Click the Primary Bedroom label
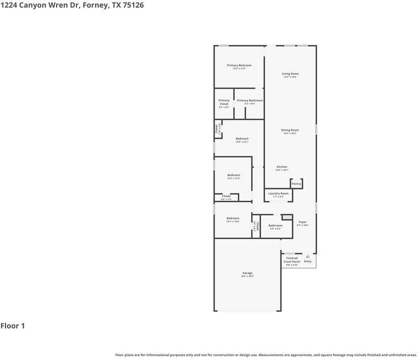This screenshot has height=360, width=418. (x=239, y=65)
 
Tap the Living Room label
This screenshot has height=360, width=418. (x=290, y=74)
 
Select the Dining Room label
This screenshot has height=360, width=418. (x=290, y=130)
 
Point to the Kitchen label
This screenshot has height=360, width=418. (x=282, y=167)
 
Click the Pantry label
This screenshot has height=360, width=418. (x=296, y=184)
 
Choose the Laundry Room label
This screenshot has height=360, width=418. (x=278, y=193)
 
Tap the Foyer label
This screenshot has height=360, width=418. (x=302, y=222)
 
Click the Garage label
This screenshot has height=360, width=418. (x=248, y=273)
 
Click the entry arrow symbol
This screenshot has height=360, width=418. (x=307, y=256)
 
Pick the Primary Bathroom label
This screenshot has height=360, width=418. (x=250, y=101)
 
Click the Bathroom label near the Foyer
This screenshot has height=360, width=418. (x=276, y=225)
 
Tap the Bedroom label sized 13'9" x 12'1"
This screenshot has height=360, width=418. (x=242, y=139)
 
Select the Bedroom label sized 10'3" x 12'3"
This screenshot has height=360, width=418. (x=234, y=175)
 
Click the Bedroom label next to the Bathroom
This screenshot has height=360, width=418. (x=233, y=218)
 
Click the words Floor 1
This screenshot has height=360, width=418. (x=13, y=326)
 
